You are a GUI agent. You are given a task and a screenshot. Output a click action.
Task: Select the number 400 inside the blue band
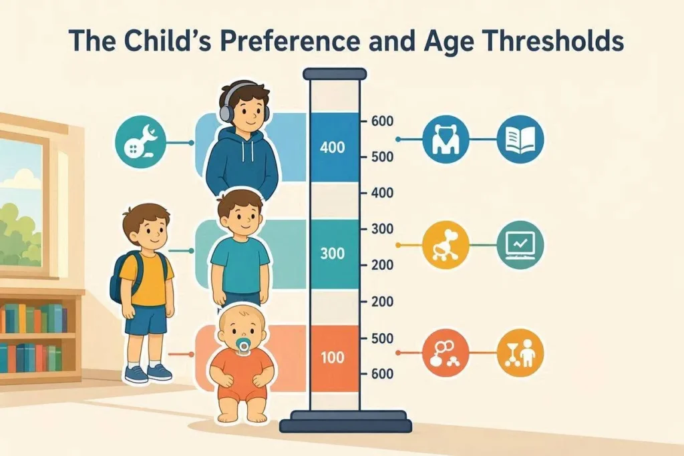point(333,148)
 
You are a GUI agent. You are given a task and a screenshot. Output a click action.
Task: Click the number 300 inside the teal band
point(333,253)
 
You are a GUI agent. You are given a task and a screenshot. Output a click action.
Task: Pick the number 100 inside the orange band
point(333,357)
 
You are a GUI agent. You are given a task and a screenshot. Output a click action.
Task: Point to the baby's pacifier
point(242,347)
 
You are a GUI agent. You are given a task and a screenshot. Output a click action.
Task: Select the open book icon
point(520,140)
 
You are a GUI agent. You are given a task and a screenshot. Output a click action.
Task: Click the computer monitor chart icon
point(520,245)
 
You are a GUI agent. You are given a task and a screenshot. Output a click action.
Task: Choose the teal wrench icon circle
point(141,140)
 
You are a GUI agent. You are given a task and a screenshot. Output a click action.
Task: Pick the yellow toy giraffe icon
point(446,245)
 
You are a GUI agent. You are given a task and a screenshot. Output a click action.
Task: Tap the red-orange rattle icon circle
point(446,353)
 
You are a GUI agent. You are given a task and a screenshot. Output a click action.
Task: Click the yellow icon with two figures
point(520,353)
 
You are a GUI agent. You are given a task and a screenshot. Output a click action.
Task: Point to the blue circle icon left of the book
point(446,140)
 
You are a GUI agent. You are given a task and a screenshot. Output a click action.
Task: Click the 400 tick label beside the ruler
point(382,193)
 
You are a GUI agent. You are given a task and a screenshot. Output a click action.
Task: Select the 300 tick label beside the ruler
point(382,229)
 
